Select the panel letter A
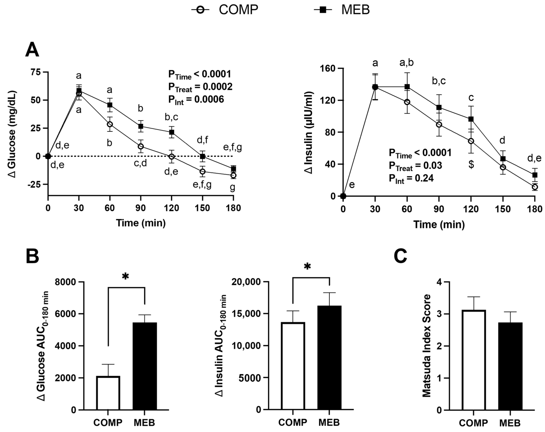[x=32, y=50]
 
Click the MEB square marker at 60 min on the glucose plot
[x=110, y=105]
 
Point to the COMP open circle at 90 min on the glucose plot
[x=141, y=146]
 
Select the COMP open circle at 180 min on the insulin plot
[x=535, y=187]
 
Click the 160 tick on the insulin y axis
[x=328, y=68]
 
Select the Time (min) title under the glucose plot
[x=141, y=223]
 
